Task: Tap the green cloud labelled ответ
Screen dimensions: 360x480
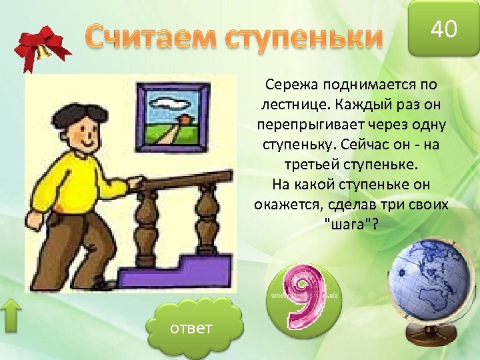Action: (x=191, y=329)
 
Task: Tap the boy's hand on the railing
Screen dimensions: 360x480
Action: (x=135, y=182)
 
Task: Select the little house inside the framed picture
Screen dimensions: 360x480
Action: (x=182, y=119)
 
